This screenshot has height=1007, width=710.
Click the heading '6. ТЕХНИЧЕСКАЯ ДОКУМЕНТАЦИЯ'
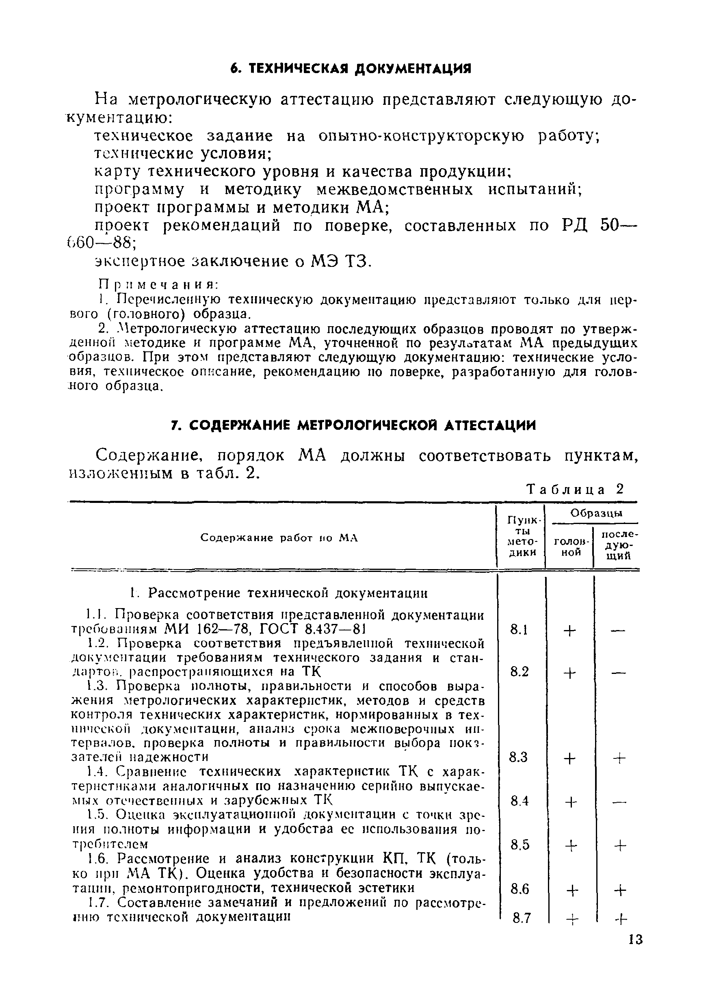351,69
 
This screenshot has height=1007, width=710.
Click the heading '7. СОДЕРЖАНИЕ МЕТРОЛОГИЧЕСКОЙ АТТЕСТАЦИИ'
353,425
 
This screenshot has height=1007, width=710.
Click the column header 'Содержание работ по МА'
279,538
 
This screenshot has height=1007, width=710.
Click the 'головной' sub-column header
568,546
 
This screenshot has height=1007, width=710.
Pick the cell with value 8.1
519,630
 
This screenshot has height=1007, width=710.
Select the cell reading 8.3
518,758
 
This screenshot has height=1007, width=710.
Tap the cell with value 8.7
522,918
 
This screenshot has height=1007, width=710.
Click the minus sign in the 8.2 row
617,673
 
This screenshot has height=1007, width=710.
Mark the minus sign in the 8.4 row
617,802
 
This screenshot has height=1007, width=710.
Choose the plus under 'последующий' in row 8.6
619,890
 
